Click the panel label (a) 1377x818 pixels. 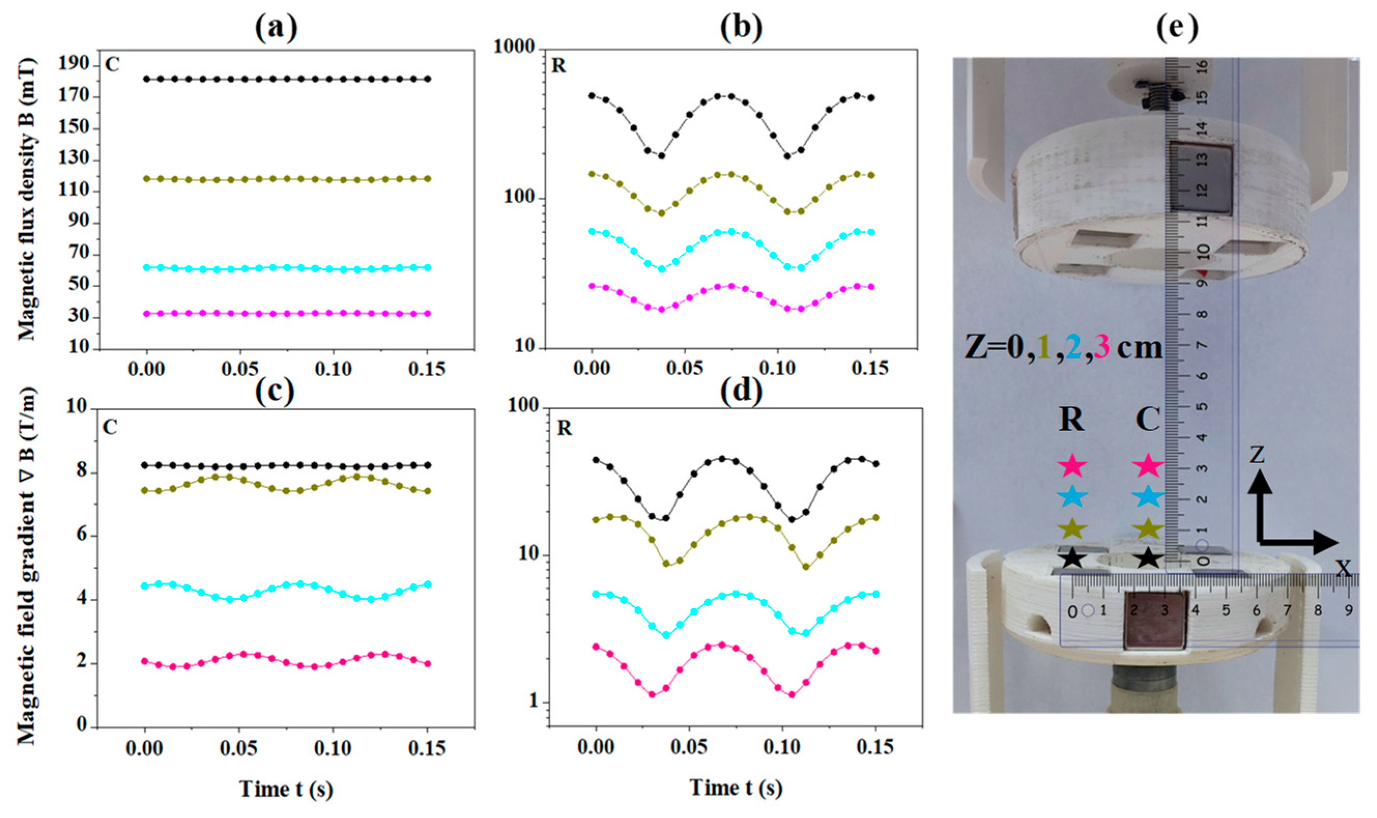coord(276,28)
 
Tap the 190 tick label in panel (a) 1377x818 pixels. coord(74,64)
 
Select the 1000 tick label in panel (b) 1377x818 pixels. coord(514,48)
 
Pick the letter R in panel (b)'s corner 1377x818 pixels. coord(558,66)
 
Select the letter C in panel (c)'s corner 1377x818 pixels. coord(110,427)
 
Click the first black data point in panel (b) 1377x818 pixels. coord(592,95)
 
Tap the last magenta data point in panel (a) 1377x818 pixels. coord(428,313)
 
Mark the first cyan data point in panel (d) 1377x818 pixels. coord(596,594)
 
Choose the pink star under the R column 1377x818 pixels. coord(1072,466)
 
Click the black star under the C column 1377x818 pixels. coord(1148,558)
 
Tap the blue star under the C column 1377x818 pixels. coord(1148,497)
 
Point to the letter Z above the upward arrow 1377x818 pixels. coord(1256,455)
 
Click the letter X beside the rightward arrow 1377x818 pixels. coord(1344,568)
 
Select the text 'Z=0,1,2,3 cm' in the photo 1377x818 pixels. coord(1063,348)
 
